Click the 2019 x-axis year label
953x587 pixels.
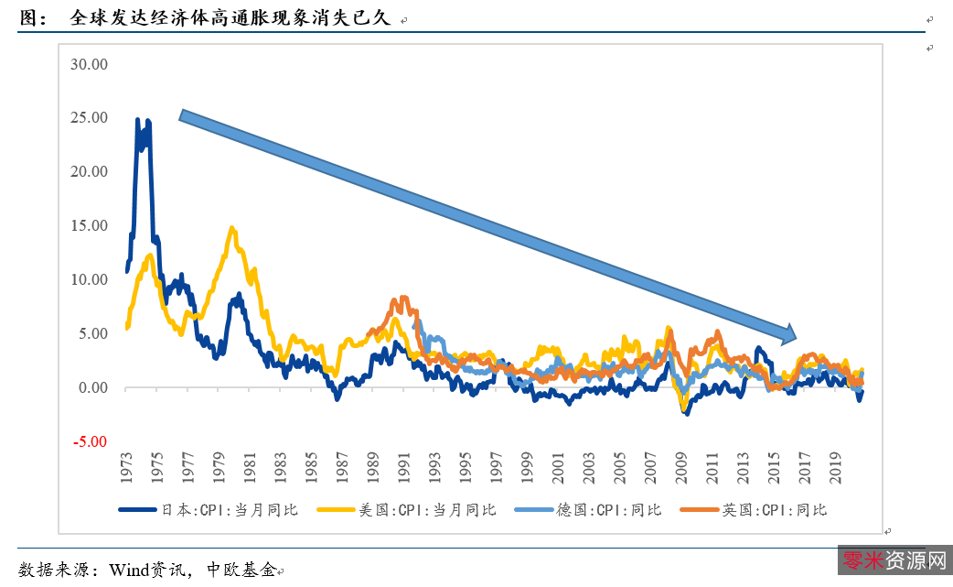point(835,467)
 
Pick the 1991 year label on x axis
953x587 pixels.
point(404,467)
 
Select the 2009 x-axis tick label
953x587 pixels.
point(681,467)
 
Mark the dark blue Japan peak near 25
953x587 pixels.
point(138,120)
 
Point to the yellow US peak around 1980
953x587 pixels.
point(232,228)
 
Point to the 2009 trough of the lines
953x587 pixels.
point(685,411)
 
